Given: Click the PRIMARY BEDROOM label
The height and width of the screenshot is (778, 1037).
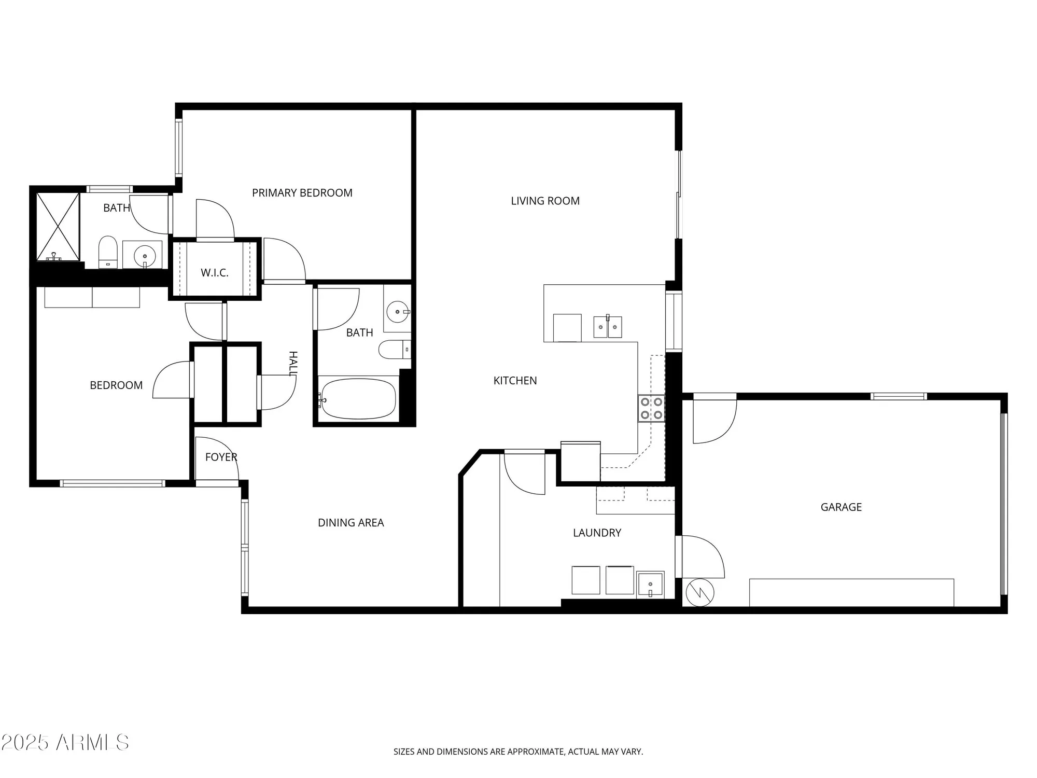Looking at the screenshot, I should click(302, 193).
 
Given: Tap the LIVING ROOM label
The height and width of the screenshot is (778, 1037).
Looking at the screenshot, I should click(545, 201).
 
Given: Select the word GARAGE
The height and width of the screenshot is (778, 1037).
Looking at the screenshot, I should click(840, 507).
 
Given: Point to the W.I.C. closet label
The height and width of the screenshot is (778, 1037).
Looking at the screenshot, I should click(214, 273).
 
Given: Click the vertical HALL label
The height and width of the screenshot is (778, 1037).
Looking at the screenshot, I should click(293, 363).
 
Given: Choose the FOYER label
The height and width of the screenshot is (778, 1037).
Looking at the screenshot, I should click(221, 457).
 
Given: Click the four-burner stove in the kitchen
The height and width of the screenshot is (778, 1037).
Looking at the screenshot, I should click(651, 408).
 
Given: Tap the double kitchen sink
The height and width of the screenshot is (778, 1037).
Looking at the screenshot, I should click(608, 327).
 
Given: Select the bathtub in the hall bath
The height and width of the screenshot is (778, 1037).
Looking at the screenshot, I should click(358, 398).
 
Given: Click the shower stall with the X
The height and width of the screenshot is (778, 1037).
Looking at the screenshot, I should click(58, 226).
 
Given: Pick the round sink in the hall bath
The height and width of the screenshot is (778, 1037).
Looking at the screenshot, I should click(398, 312).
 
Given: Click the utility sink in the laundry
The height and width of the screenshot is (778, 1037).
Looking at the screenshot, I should click(650, 585).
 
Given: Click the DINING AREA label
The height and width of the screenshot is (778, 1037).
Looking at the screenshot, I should click(351, 522).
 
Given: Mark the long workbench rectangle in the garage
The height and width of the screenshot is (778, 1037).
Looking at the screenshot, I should click(851, 592).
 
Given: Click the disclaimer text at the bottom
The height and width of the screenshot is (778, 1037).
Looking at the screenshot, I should click(518, 752).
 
